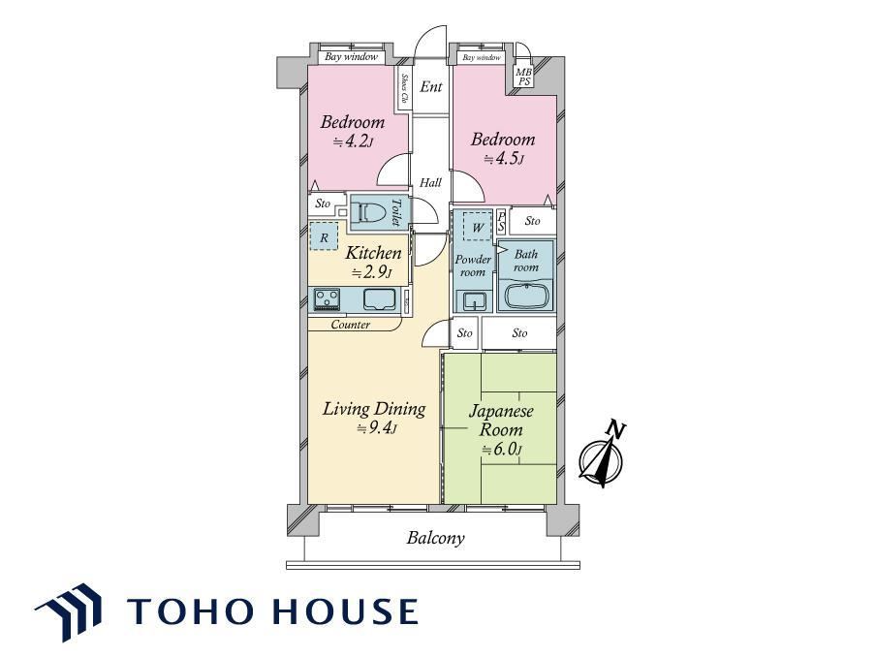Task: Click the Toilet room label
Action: point(396,212)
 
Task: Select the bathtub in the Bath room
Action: point(525,296)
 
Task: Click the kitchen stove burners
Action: point(327,298)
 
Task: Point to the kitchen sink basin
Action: point(379,298)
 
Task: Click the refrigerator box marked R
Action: point(324,236)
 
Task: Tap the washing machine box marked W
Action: point(478,227)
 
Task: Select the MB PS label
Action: point(523,78)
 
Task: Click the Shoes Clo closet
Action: point(404,89)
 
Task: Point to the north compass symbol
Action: point(601,456)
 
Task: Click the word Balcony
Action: point(435,538)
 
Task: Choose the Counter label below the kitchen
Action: point(350,325)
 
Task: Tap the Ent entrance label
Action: point(431,86)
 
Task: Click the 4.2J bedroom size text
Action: point(353,141)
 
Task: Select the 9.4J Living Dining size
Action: point(377,428)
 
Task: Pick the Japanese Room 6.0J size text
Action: point(502,450)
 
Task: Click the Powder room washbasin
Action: point(474,301)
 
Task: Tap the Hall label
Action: point(431,183)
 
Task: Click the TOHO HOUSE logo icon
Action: point(69,610)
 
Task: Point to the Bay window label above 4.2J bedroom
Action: point(352,56)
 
